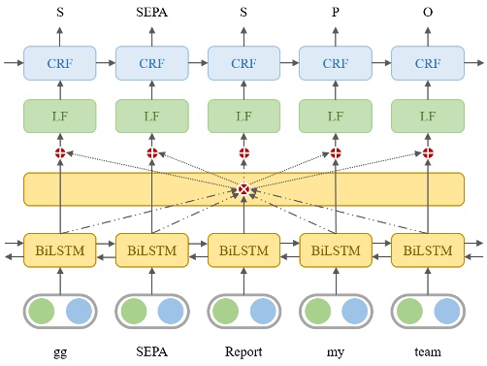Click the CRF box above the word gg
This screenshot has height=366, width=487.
pos(60,63)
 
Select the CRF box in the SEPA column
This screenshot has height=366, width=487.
pos(152,63)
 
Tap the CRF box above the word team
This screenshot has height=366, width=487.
pos(428,63)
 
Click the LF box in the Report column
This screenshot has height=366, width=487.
pos(243,117)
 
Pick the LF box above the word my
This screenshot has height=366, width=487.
pos(336,117)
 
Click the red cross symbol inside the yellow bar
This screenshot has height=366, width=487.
pos(243,189)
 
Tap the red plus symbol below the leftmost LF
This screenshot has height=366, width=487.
pos(60,152)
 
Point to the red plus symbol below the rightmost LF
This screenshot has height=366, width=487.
pos(428,152)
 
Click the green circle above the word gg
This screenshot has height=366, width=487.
pos(42,312)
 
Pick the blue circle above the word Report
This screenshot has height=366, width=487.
pos(262,312)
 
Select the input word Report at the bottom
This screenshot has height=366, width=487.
pos(243,351)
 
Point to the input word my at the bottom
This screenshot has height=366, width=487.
pos(336,352)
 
